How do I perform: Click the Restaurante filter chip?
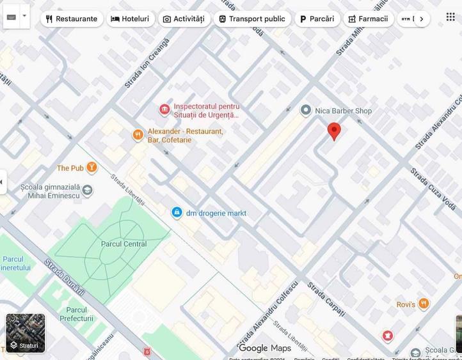[71, 19]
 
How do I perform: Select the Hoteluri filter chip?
[130, 19]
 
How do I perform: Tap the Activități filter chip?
[184, 19]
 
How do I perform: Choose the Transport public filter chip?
[251, 19]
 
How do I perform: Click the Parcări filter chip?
[317, 19]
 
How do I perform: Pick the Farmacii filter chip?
[368, 19]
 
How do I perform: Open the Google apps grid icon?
[450, 17]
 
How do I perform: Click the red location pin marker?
[334, 130]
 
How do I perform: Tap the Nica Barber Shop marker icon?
[306, 111]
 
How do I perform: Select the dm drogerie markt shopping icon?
[177, 213]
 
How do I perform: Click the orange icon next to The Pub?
[92, 168]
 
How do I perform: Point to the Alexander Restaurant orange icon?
[138, 135]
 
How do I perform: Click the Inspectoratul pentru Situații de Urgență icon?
[164, 110]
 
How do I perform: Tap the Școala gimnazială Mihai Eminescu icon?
[87, 190]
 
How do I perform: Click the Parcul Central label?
[123, 244]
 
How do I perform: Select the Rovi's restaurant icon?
[424, 304]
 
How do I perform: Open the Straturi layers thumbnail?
[26, 333]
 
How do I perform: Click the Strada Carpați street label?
[326, 299]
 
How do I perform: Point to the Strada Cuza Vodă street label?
[428, 187]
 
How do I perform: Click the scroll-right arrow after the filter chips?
[421, 19]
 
